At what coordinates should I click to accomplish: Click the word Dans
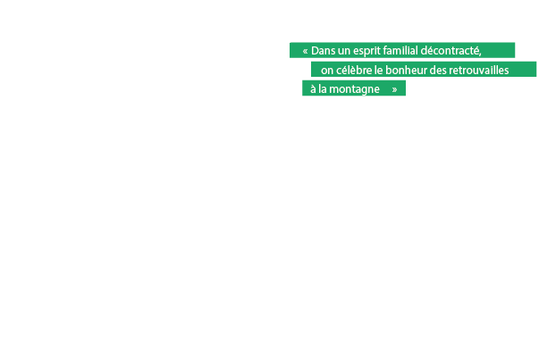(x=323, y=50)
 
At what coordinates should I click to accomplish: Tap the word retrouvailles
(x=485, y=70)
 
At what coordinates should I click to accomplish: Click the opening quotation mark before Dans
(x=305, y=50)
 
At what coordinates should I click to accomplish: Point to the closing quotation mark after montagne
(x=394, y=89)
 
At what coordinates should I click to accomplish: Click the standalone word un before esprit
(x=344, y=50)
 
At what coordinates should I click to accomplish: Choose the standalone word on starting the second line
(x=327, y=70)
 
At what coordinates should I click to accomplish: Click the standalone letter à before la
(x=312, y=89)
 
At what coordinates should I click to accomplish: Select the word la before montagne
(x=324, y=89)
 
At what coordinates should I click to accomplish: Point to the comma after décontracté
(x=481, y=53)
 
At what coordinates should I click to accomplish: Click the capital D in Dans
(x=316, y=50)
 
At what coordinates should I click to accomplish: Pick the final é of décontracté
(x=476, y=50)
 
